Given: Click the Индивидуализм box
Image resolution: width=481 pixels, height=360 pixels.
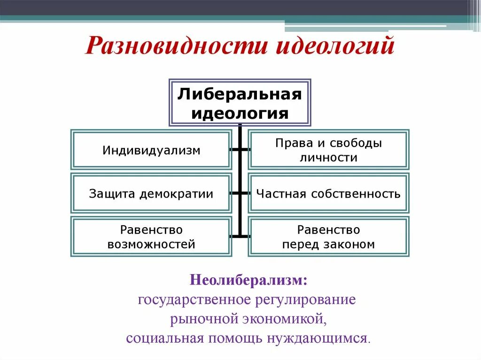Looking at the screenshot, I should [151, 150].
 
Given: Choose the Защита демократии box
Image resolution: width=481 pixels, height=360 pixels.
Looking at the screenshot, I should [151, 193].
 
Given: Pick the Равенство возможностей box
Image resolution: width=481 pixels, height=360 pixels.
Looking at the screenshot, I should [151, 237].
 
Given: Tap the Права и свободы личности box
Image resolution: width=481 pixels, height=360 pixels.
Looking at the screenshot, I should [328, 150].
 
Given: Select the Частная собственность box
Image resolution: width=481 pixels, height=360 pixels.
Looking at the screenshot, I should [328, 193].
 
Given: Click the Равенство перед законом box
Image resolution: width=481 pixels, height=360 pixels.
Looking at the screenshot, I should [328, 237].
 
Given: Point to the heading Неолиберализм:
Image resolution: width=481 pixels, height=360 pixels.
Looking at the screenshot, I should [249, 281].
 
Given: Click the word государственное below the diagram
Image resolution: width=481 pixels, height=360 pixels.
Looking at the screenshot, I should [194, 299].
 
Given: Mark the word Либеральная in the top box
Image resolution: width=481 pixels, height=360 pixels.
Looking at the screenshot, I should [240, 95].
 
